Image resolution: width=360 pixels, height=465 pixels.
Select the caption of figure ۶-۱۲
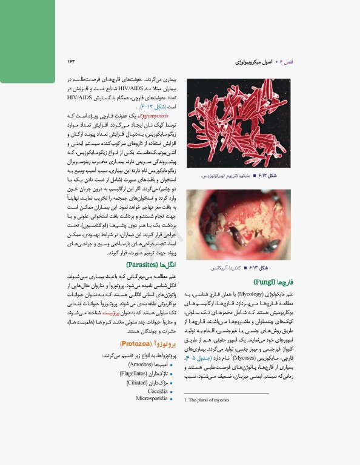pos(239,176)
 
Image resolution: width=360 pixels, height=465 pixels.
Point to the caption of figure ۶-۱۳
pos(242,267)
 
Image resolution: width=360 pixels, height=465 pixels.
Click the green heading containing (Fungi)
pos(269,283)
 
